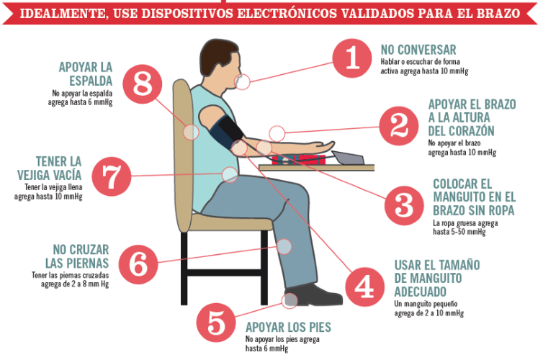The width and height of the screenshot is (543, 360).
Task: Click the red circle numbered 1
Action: pos(352,58)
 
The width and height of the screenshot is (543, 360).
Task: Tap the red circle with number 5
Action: pos(216,323)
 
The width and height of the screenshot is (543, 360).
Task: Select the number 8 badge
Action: pos(143,84)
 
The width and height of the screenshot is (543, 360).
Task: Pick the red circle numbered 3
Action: pos(404,206)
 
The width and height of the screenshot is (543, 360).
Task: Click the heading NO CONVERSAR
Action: pos(418,50)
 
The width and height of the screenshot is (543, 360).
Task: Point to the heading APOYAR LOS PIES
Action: pos(288,327)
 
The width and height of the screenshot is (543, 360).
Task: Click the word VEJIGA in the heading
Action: pos(50,175)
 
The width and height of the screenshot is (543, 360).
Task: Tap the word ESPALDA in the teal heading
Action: pos(91,81)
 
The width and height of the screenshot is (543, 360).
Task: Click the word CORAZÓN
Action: pos(461,131)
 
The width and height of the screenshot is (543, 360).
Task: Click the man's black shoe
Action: pos(313,295)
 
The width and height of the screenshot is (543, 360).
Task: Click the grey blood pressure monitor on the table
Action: pos(347,158)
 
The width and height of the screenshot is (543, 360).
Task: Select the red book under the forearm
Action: pos(298,160)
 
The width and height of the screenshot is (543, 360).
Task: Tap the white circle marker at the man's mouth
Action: pos(243,82)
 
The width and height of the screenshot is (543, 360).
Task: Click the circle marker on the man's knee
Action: pos(284,246)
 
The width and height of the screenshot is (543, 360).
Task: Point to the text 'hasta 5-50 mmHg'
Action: pos(459,232)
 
